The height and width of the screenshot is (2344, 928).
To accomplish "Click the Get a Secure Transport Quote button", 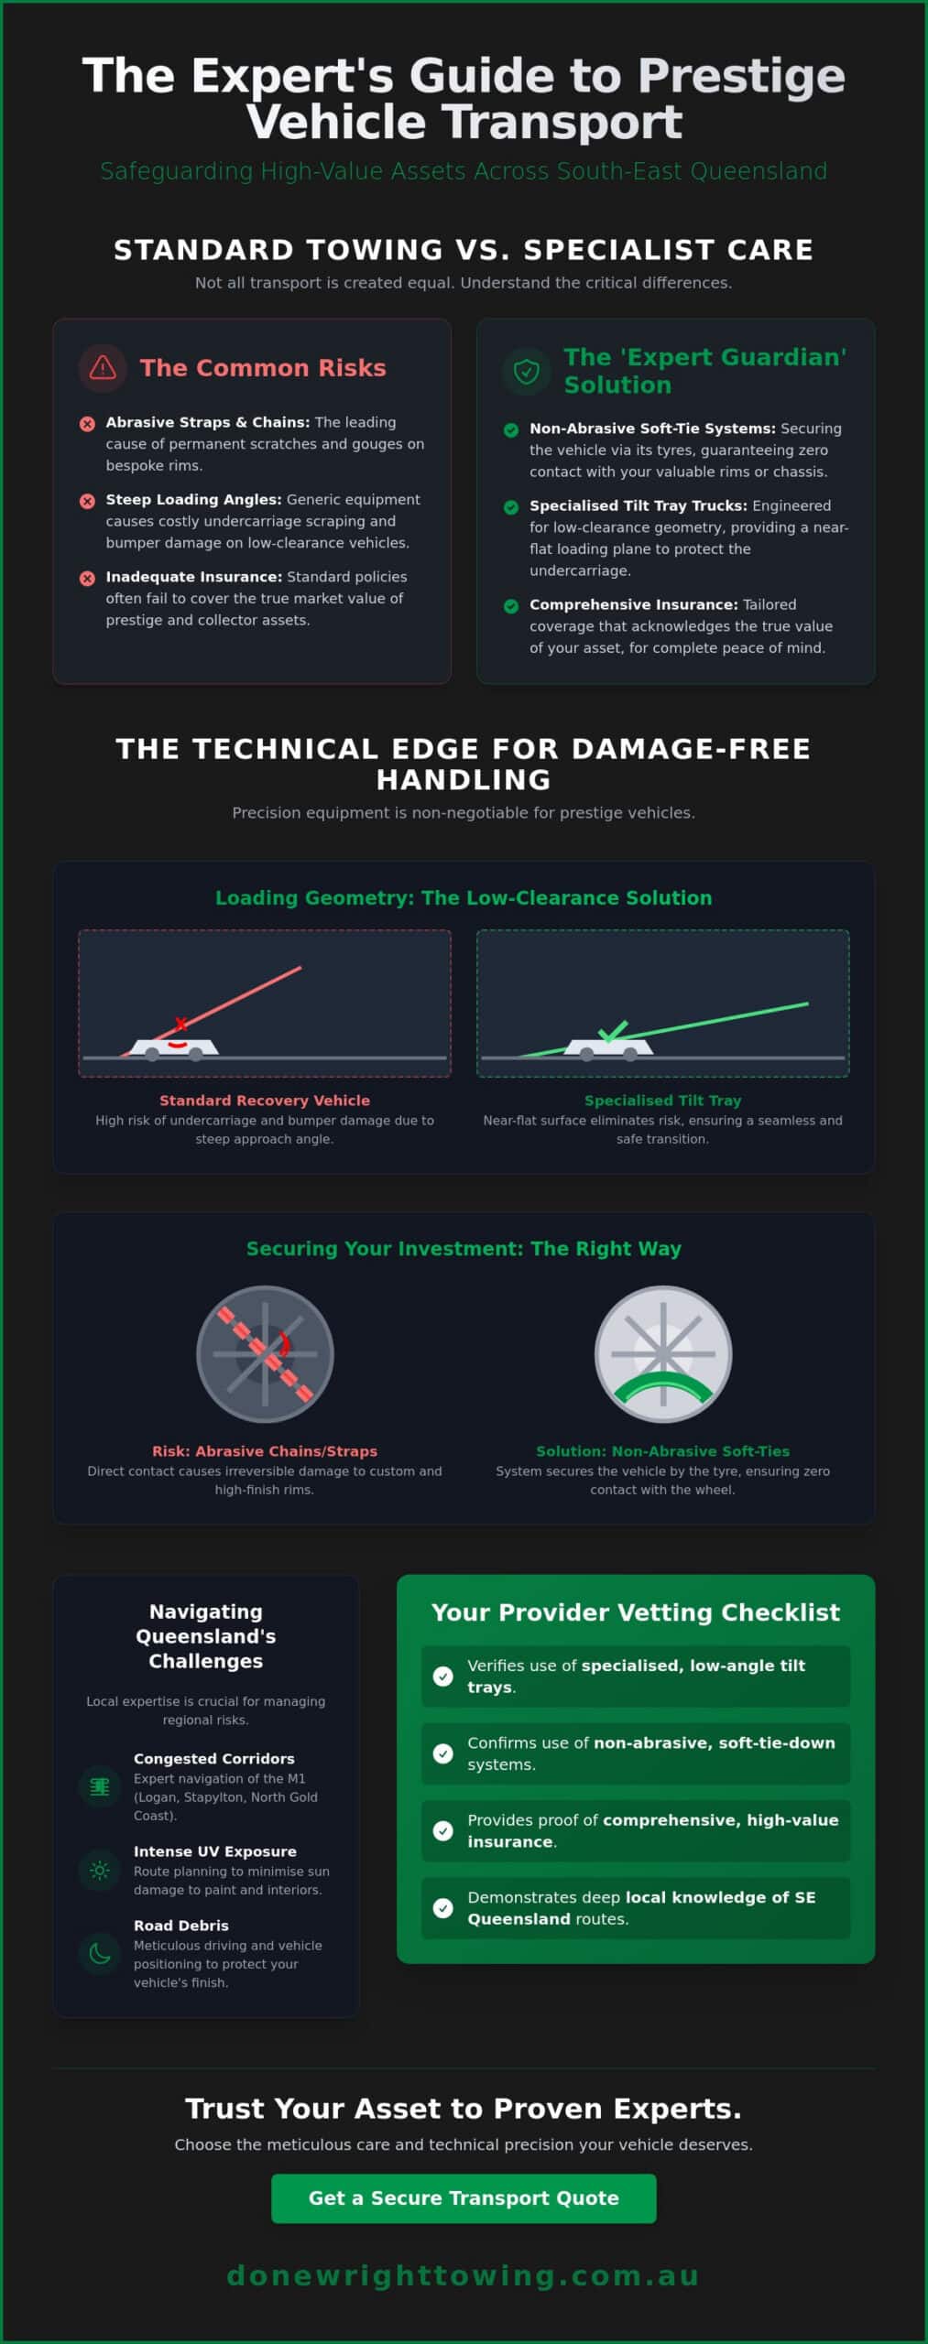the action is coord(464,2197).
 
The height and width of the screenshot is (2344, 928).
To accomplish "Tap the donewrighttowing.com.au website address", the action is coord(464,2275).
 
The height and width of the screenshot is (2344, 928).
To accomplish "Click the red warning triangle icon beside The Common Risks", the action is coord(103,368).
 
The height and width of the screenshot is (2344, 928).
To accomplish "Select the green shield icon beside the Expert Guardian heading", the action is coord(526,371).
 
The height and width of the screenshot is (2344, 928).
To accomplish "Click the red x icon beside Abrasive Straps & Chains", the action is coord(87,423).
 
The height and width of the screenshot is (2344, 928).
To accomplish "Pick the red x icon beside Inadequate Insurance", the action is coord(87,578).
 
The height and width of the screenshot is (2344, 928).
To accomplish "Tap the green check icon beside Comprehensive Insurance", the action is coord(511,605).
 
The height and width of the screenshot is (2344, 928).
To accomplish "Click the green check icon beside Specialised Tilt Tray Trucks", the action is coord(511,506).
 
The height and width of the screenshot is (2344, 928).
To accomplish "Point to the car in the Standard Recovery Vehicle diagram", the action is coord(174,1049).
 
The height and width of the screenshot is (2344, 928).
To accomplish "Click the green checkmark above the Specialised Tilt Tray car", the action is coord(612,1032).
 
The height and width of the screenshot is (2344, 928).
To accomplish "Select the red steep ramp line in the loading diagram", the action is coord(212,1011).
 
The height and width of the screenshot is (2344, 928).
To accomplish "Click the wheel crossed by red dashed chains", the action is coord(265,1354).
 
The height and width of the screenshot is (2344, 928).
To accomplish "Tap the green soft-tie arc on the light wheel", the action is coord(662,1383).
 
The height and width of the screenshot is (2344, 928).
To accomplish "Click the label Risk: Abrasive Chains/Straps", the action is coord(265,1451).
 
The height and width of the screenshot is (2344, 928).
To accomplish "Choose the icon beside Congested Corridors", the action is coord(100,1786).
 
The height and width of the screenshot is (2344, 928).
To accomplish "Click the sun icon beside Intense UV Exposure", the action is coord(100,1870).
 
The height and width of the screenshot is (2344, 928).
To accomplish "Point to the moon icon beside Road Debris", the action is coord(100,1954).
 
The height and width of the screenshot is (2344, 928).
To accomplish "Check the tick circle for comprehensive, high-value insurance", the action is coord(443,1830).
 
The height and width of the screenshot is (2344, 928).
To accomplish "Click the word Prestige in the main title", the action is coord(741,76).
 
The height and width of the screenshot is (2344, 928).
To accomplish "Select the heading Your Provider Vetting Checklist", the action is coord(636,1612).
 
